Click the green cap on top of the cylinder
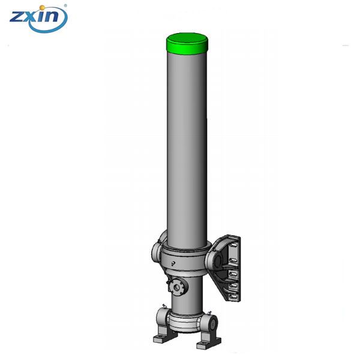(x=187, y=44)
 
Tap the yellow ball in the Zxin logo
(x=42, y=8)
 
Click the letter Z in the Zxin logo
(x=17, y=17)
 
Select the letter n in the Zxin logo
(x=51, y=17)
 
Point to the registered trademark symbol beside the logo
(x=65, y=5)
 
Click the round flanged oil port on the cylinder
(x=177, y=287)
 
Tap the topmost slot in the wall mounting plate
(x=233, y=245)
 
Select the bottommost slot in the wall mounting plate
(x=233, y=296)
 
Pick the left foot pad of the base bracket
(x=164, y=337)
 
